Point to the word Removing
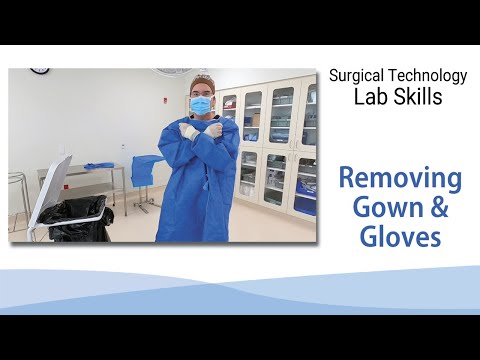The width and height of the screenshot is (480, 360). tap(399, 180)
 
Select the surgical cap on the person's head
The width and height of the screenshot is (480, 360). tap(203, 79)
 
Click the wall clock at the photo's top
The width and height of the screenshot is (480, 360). tap(40, 71)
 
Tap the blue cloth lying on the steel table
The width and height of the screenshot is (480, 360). tap(97, 165)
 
